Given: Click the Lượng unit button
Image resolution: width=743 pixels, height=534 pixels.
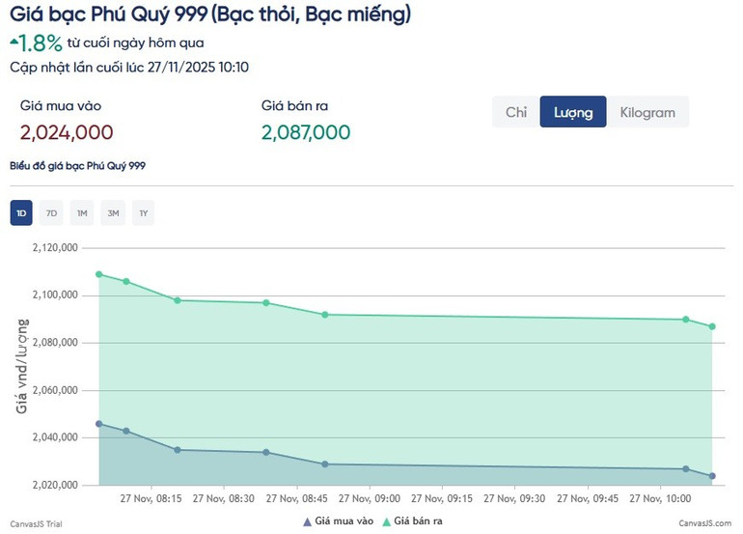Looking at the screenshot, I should pyautogui.click(x=573, y=112).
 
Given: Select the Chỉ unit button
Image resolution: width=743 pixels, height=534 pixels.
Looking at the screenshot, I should pyautogui.click(x=516, y=112).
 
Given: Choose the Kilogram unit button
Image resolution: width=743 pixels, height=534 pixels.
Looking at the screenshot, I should pyautogui.click(x=647, y=112).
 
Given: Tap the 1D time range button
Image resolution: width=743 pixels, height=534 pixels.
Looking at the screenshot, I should pyautogui.click(x=21, y=213).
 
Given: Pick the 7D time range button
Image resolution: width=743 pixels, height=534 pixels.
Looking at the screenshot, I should pyautogui.click(x=52, y=213).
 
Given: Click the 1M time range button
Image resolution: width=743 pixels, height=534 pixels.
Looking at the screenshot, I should pyautogui.click(x=82, y=213).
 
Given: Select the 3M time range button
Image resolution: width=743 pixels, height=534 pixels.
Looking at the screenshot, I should pyautogui.click(x=113, y=213).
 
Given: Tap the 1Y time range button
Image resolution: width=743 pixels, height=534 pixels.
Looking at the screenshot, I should pyautogui.click(x=143, y=213).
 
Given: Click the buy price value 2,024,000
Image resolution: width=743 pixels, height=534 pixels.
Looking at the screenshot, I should pyautogui.click(x=67, y=132).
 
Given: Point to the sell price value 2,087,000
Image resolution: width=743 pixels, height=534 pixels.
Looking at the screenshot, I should pyautogui.click(x=306, y=132).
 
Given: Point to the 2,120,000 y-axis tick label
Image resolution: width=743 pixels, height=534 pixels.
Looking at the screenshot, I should pyautogui.click(x=55, y=248).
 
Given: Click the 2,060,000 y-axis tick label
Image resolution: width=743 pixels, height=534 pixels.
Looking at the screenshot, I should pyautogui.click(x=55, y=391).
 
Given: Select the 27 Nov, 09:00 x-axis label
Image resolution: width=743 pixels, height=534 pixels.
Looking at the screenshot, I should pyautogui.click(x=370, y=499).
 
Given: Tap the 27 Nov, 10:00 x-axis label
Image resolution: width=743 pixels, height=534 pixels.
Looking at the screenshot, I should pyautogui.click(x=661, y=499).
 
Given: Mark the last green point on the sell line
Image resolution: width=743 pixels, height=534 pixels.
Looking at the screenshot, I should pyautogui.click(x=712, y=326).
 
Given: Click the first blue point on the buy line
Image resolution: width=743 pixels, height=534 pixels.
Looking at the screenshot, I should pyautogui.click(x=99, y=424).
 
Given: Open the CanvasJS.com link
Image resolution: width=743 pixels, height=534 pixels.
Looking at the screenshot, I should pyautogui.click(x=704, y=522).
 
